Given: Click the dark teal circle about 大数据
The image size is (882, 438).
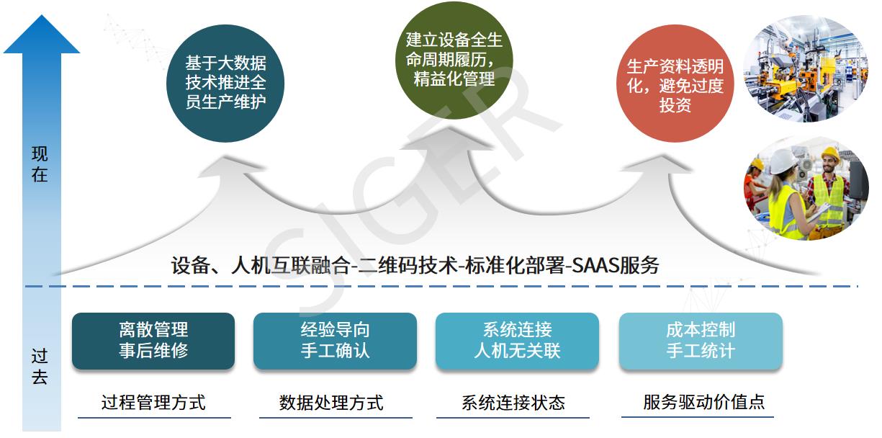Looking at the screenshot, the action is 225,83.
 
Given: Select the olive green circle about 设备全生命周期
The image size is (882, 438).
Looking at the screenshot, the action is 454,60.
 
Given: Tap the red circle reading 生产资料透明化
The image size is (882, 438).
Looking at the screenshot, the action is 675,83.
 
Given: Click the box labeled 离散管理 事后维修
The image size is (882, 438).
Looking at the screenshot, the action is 153,341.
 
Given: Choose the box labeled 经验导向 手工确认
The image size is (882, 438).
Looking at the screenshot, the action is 335,341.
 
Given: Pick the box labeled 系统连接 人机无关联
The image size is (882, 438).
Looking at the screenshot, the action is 517,341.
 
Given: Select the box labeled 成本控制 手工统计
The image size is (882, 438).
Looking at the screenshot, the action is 701,341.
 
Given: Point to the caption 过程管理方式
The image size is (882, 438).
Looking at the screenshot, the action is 153,403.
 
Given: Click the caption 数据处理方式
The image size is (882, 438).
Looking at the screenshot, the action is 331,403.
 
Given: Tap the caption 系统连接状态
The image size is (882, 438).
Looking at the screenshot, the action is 513,403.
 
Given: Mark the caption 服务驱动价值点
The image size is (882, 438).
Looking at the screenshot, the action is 703,402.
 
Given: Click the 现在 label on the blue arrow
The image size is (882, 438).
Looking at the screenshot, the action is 40,164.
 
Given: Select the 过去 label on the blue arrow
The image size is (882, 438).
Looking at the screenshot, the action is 40,366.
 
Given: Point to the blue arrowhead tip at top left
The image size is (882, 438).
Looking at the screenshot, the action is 41,15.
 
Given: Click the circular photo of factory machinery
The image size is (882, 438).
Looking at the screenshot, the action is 805,68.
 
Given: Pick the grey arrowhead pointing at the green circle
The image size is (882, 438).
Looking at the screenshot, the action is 448,138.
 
